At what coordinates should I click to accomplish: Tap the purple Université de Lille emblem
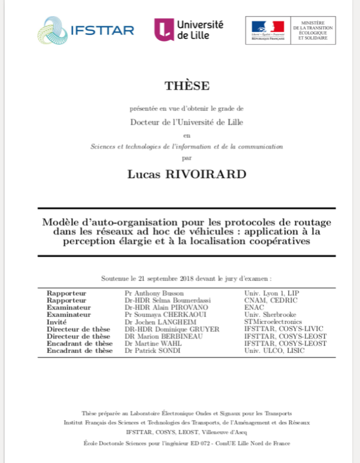pos(164,29)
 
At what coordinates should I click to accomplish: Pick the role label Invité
pos(57,322)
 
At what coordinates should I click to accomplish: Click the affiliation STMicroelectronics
pos(273,322)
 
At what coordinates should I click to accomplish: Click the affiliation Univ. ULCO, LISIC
pos(275,351)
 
